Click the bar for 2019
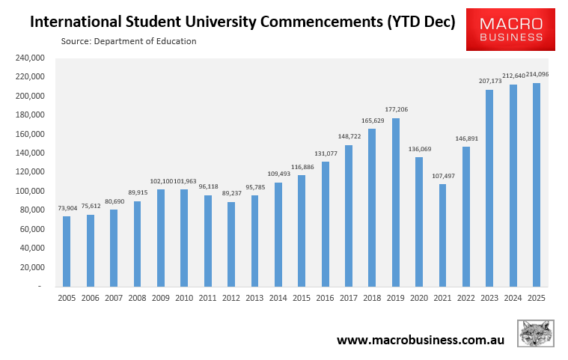(395, 202)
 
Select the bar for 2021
(442, 235)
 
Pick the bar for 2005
(67, 251)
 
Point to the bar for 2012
(230, 244)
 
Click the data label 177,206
(395, 110)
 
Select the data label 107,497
(442, 177)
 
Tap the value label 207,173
(489, 81)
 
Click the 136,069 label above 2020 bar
(418, 149)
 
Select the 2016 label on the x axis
(325, 298)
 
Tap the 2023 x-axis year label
(489, 298)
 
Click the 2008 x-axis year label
(137, 298)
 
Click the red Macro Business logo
(510, 29)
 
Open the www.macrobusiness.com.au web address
(420, 340)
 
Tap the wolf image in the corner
(536, 334)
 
